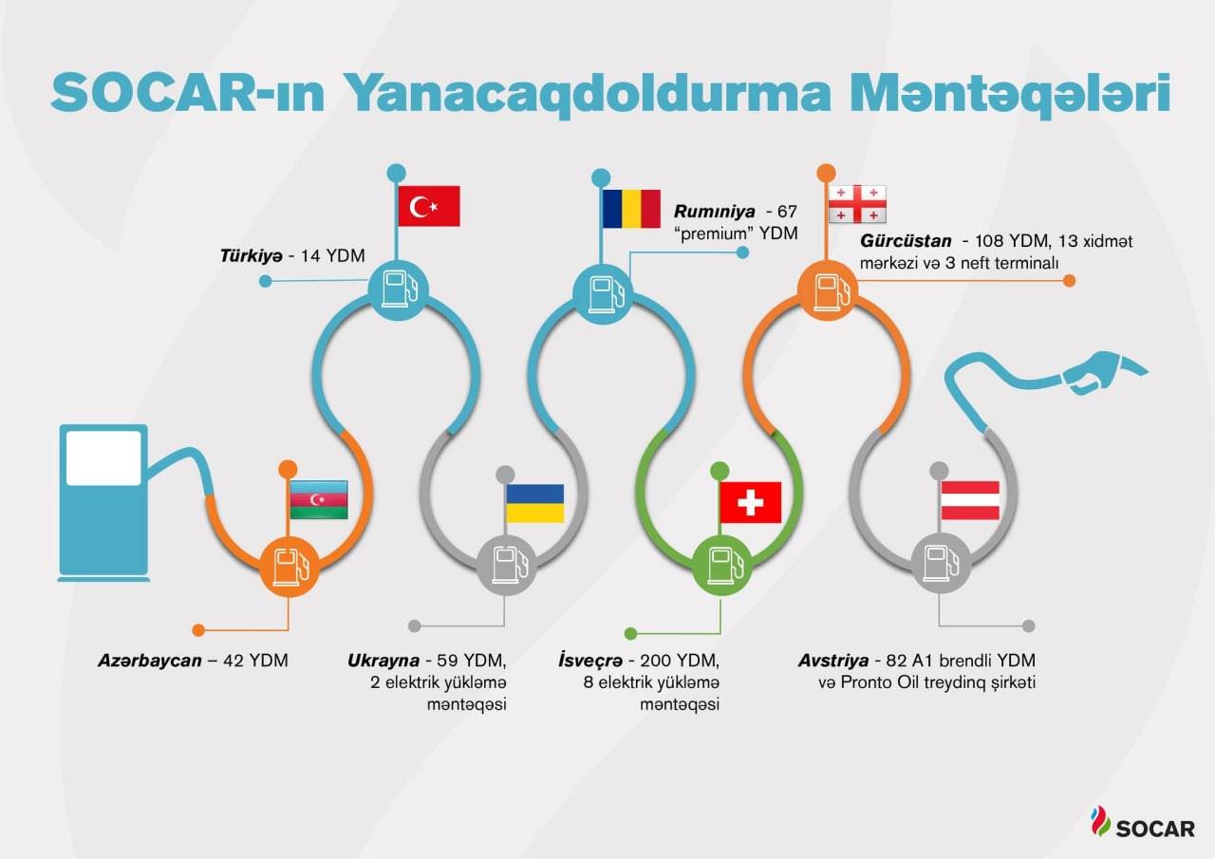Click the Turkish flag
(429, 206)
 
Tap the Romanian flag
(631, 209)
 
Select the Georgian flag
(857, 204)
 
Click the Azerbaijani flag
(319, 499)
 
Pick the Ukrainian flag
(534, 503)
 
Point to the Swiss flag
(751, 502)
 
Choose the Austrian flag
(970, 500)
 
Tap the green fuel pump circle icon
(722, 565)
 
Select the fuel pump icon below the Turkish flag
(398, 289)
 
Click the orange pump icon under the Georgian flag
(827, 289)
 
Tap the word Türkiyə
(252, 255)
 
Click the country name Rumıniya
(715, 211)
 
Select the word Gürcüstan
(906, 240)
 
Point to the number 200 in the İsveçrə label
(656, 661)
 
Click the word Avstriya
(833, 661)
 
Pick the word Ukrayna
(383, 661)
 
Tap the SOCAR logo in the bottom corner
(1143, 824)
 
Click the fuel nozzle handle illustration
(1104, 372)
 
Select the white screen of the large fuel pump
(103, 458)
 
